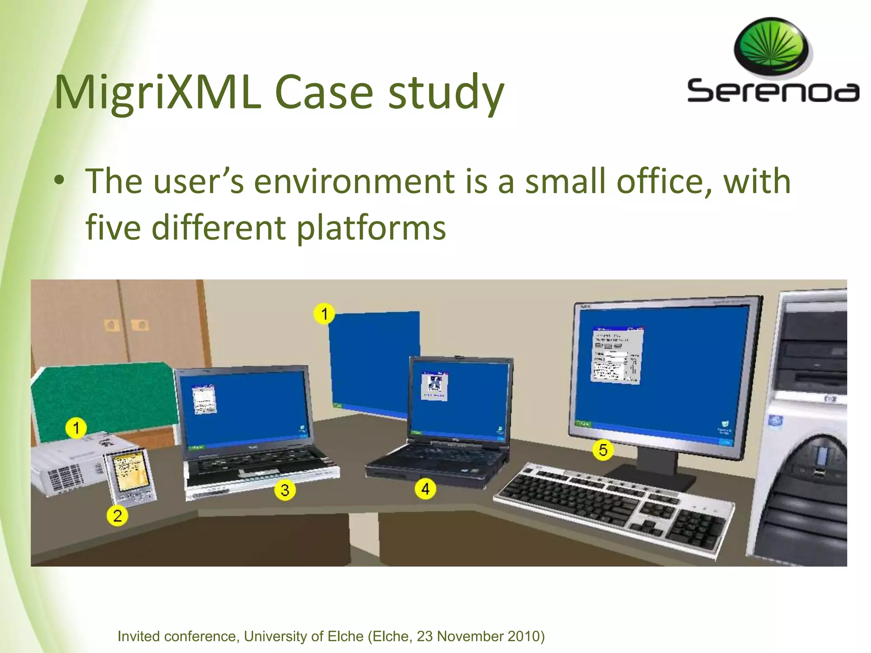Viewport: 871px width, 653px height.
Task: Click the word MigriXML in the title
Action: [157, 92]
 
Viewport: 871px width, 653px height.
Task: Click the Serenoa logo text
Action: [773, 91]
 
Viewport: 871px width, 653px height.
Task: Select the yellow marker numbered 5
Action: [603, 450]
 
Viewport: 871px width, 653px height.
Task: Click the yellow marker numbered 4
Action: [425, 489]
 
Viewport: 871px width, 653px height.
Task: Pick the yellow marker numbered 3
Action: [285, 490]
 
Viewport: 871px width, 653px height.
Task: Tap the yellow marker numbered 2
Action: [117, 516]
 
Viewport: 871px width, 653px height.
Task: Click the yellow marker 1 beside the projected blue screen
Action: [324, 314]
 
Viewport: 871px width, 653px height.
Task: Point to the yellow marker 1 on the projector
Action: [76, 428]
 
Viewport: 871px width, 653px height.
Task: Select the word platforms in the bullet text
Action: [371, 227]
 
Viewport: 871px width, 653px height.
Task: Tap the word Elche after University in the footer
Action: [345, 636]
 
